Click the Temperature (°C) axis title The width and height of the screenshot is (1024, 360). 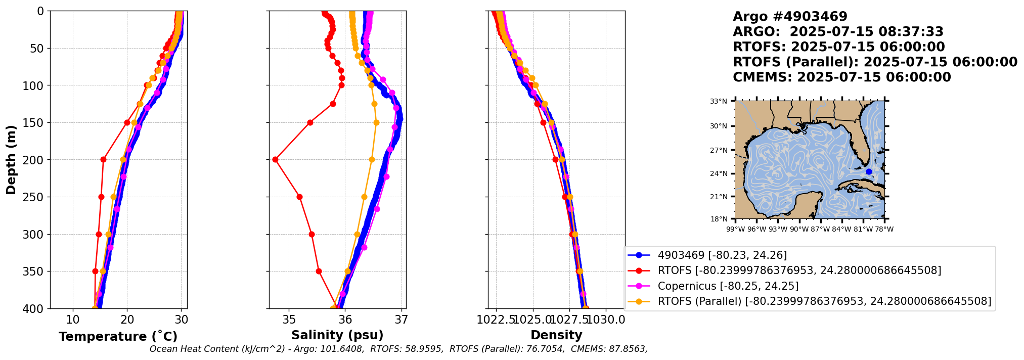118,337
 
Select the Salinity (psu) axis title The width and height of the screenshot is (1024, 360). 337,335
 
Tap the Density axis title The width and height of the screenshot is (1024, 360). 556,335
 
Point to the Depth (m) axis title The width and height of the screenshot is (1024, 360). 11,160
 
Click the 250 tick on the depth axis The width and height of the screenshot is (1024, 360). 37,197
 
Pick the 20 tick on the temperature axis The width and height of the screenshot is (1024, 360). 127,320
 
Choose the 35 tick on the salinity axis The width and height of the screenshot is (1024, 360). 289,320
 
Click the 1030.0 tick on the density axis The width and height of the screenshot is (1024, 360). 606,320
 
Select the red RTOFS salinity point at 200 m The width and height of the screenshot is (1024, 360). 275,160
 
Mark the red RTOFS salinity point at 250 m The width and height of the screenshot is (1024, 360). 299,197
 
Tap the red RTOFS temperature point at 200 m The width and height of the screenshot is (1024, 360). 103,160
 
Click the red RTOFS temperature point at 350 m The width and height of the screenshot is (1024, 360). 95,272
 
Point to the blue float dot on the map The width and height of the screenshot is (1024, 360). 869,172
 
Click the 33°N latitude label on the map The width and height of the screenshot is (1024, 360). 718,102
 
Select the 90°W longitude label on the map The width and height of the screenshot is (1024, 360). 799,230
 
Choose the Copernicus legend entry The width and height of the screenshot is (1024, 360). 728,286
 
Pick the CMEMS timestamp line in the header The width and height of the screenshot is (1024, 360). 841,77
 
